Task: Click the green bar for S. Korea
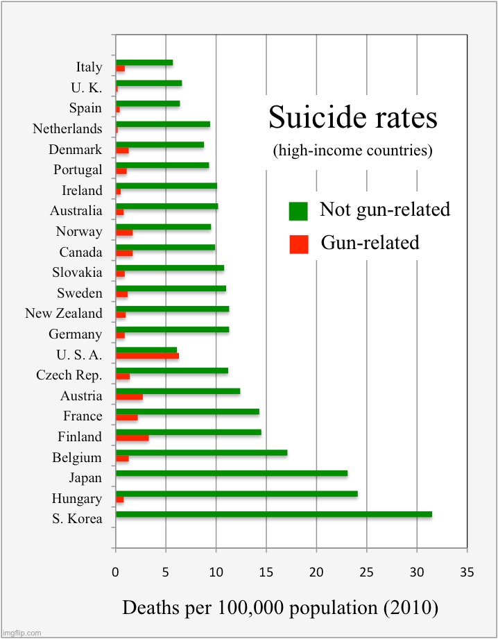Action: [274, 514]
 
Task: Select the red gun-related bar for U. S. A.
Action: [147, 356]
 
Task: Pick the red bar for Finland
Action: [132, 438]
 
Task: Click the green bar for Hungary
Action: [237, 494]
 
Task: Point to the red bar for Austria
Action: [129, 397]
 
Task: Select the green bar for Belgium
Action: [201, 453]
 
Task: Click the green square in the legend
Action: [298, 210]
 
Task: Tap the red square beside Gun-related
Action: [298, 244]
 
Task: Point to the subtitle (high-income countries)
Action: [353, 151]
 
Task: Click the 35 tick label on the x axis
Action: [467, 572]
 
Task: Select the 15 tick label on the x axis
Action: [266, 572]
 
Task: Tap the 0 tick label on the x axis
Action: [116, 572]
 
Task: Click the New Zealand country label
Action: [64, 314]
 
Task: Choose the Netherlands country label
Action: [67, 129]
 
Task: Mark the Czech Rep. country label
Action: [69, 375]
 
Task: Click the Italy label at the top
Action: [89, 67]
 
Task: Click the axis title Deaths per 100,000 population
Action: [280, 608]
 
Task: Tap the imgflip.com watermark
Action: [22, 633]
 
